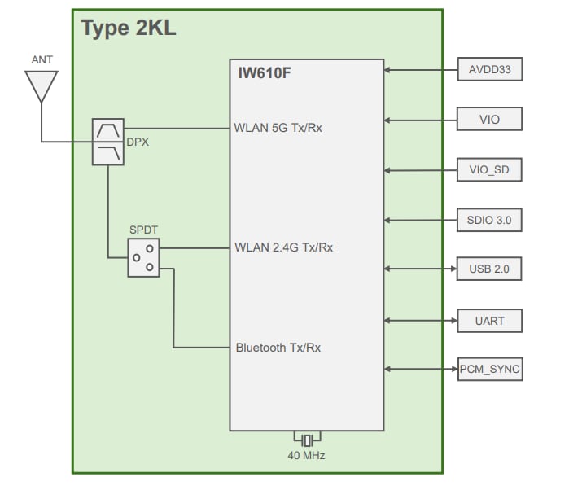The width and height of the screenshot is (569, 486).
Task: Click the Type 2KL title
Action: pos(129,28)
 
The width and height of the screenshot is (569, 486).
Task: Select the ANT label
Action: pos(42,60)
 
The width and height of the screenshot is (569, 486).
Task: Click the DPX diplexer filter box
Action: pos(108,142)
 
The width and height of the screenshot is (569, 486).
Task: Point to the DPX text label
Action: pos(138,141)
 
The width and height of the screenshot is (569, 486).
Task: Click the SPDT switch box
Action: pos(143,257)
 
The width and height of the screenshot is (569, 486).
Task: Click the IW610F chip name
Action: pos(260,74)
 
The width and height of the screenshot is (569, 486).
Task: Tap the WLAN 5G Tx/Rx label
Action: pos(278,127)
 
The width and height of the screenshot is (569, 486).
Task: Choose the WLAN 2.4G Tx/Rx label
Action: pos(282,247)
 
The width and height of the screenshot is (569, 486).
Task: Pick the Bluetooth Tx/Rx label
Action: pos(278,348)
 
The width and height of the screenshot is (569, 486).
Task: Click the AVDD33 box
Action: pos(489,70)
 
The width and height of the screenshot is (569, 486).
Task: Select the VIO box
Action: pos(489,120)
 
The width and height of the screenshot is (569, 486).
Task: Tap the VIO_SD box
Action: pos(489,169)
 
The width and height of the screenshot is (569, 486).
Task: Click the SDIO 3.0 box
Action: pos(489,220)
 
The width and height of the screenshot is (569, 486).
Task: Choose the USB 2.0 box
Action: pos(489,269)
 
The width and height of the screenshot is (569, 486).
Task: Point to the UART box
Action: pos(489,321)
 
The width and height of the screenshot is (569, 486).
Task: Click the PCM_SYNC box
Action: pos(489,370)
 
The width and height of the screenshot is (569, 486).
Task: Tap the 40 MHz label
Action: pos(306,456)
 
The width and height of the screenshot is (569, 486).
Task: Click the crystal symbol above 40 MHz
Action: pos(307,440)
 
